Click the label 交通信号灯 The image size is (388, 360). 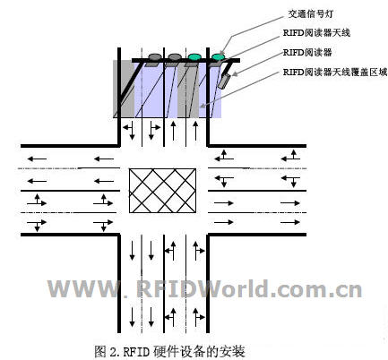pyautogui.click(x=310, y=14)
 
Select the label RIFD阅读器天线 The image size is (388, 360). pyautogui.click(x=316, y=33)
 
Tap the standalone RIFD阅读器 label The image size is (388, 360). pyautogui.click(x=307, y=53)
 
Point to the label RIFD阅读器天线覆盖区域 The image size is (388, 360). pyautogui.click(x=335, y=73)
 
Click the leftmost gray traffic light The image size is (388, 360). pyautogui.click(x=155, y=56)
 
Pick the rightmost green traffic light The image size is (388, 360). pyautogui.click(x=218, y=56)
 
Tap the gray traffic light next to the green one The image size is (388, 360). pyautogui.click(x=175, y=56)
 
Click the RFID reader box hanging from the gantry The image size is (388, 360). pyautogui.click(x=224, y=81)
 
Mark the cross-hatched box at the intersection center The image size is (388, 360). pyautogui.click(x=162, y=191)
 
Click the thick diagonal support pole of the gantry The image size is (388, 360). pyautogui.click(x=130, y=82)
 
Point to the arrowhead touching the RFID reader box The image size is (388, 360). pyautogui.click(x=235, y=73)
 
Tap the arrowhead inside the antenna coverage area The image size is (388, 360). pyautogui.click(x=203, y=105)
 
